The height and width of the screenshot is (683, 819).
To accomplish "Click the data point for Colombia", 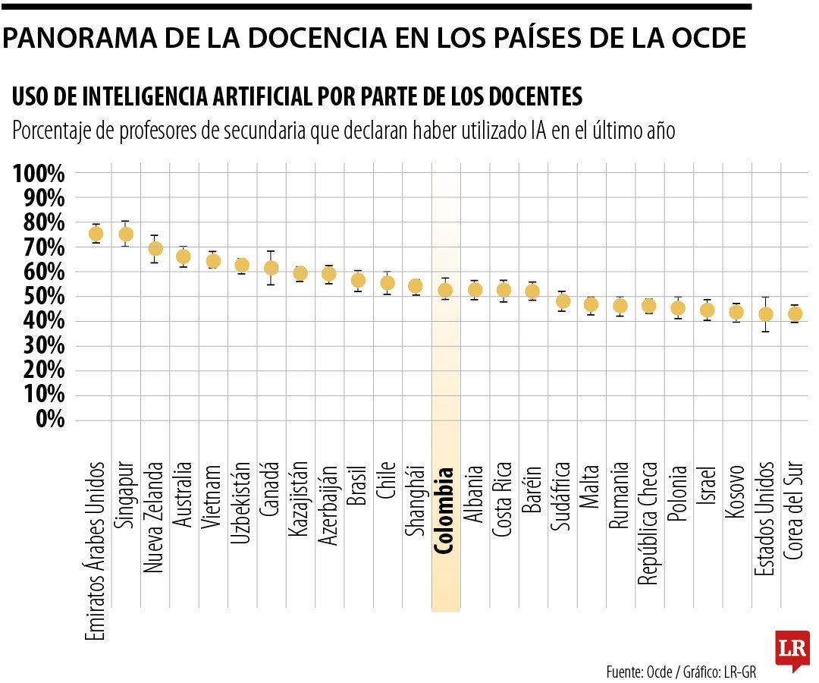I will coord(445,290).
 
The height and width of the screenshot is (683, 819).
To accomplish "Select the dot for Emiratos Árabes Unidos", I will coord(96,234).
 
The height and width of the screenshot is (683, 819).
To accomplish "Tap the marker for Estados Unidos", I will coord(766,314).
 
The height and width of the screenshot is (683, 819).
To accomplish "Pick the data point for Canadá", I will coord(271,268).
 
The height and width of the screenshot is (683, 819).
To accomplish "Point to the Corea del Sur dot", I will coord(795,313).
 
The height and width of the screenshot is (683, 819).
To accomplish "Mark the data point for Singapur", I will coord(126,234).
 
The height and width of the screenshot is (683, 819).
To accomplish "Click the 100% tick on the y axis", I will coord(39,174).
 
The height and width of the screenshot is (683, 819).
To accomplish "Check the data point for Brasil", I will coord(358,281).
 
